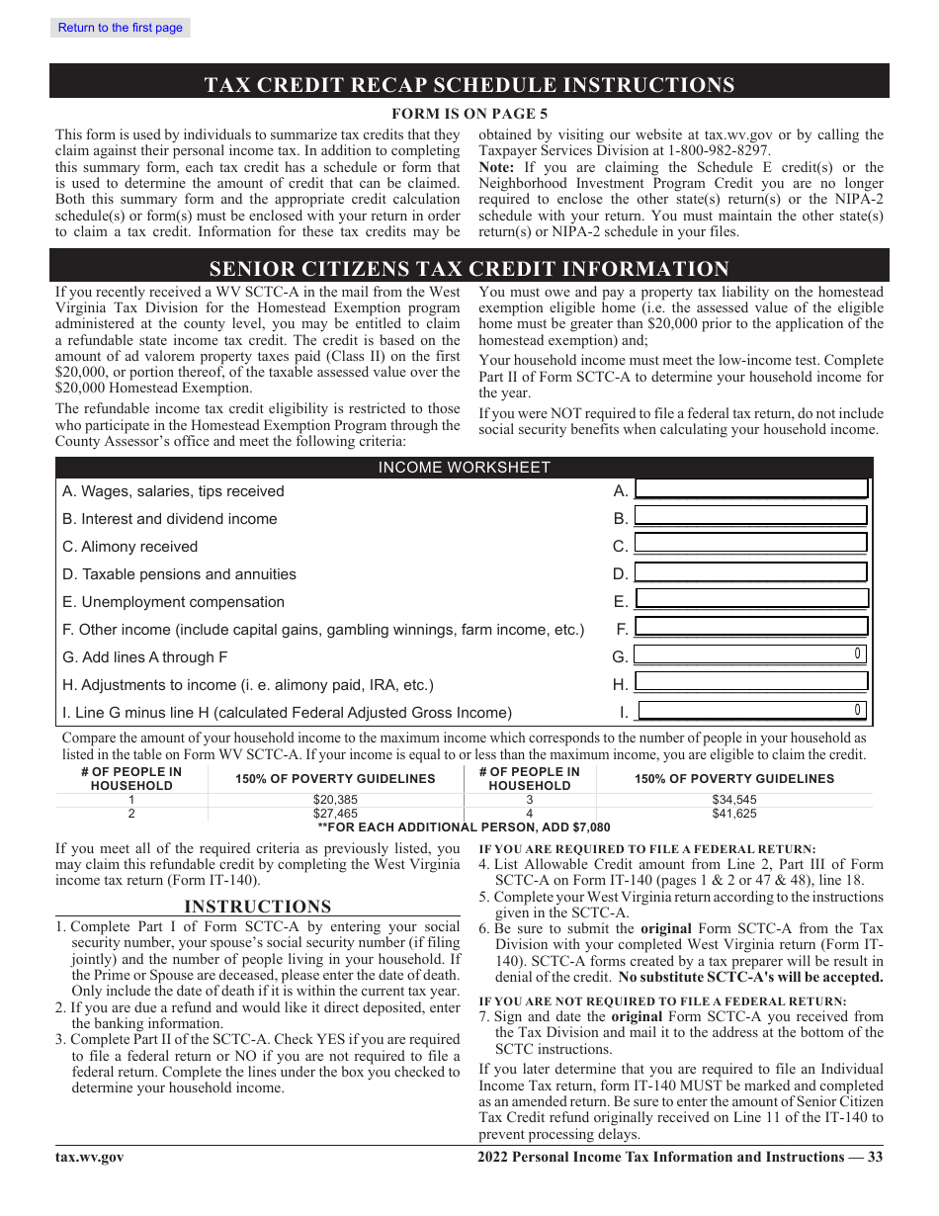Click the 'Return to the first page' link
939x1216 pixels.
[x=120, y=28]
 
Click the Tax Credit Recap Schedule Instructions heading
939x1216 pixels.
[x=469, y=85]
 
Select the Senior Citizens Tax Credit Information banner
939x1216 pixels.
[x=469, y=269]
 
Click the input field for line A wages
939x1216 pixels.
[x=750, y=489]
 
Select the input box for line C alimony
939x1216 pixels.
[x=750, y=544]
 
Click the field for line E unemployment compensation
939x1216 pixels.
[x=750, y=599]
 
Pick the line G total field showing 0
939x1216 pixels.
[x=750, y=654]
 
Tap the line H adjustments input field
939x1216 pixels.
[x=750, y=682]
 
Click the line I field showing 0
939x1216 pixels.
[x=752, y=710]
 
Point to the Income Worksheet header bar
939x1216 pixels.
[x=464, y=468]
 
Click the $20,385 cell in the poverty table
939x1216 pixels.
[x=335, y=800]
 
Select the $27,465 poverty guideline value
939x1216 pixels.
[x=335, y=814]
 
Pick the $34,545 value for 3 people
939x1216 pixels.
[x=734, y=800]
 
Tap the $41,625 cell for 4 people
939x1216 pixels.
[x=734, y=814]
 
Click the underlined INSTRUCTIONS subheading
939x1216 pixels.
[x=257, y=907]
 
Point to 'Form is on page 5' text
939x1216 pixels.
[x=469, y=114]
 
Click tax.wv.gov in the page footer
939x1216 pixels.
[x=89, y=1158]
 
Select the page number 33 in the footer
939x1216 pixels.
[x=875, y=1158]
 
